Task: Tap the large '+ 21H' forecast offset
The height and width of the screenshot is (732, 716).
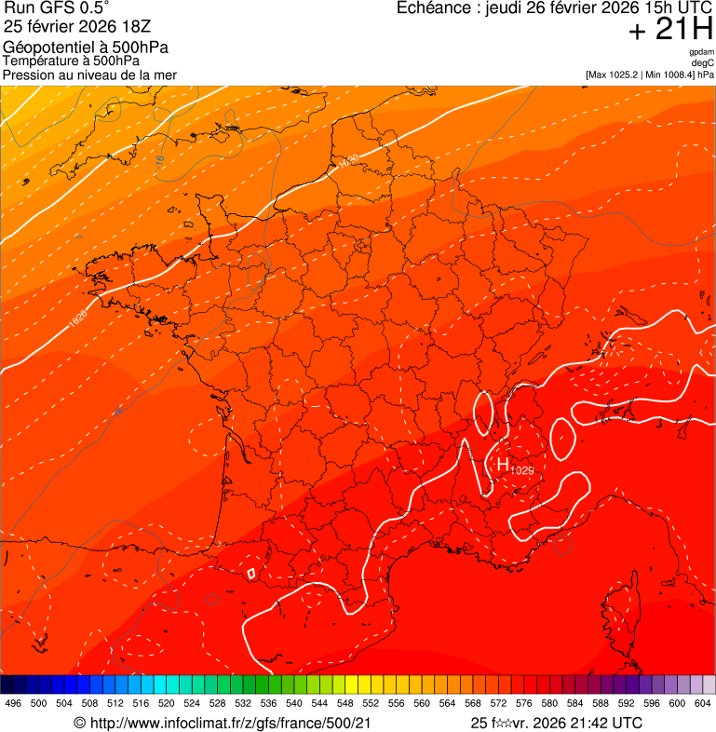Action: point(670,31)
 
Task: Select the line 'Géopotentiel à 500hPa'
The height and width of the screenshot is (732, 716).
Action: point(86,47)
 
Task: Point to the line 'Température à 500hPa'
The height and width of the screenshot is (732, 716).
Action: point(71,61)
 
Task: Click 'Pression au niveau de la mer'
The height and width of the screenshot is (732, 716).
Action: point(89,75)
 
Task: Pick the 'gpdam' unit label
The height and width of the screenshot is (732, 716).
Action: point(701,53)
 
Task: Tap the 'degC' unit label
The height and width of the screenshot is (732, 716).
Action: point(703,63)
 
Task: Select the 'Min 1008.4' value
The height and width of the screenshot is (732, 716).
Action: point(669,75)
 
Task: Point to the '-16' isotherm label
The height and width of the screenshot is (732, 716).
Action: point(159,161)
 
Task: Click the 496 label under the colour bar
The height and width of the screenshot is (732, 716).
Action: point(13,703)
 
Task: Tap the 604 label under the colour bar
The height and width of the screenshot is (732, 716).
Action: point(702,703)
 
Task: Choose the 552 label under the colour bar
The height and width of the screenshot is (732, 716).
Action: point(371,703)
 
